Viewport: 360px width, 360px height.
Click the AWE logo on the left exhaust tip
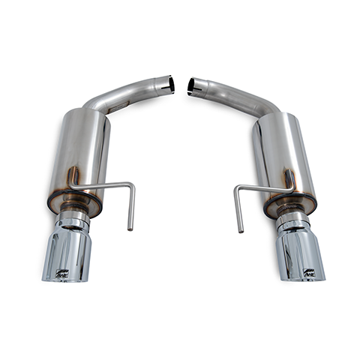tap(61, 273)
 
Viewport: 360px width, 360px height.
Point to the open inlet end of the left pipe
tap(170, 84)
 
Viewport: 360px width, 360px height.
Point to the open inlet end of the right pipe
tap(191, 86)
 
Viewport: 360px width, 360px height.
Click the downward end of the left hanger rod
tap(130, 225)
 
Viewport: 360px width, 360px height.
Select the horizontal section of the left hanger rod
tap(105, 185)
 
